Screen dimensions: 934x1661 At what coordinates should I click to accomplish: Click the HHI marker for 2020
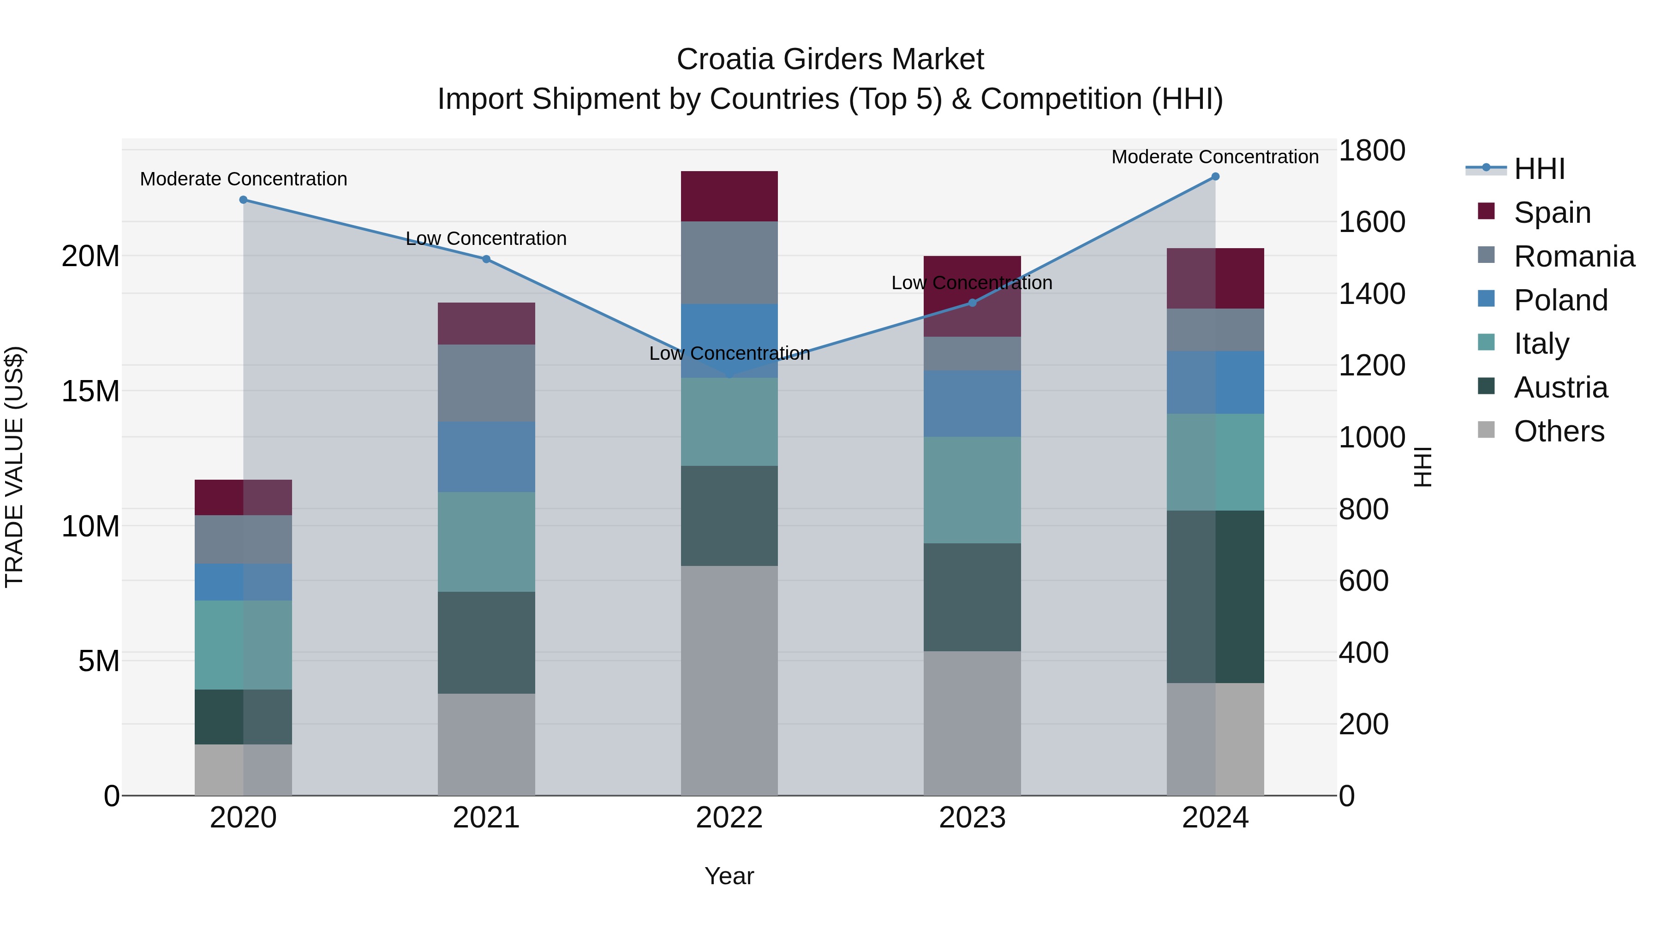click(x=243, y=200)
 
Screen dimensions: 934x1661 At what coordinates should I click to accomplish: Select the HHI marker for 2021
click(x=486, y=259)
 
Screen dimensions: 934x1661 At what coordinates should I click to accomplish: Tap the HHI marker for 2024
click(x=1215, y=177)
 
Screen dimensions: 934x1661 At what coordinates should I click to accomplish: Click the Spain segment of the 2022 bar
click(x=729, y=196)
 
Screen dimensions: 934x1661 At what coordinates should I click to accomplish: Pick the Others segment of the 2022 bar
click(x=729, y=680)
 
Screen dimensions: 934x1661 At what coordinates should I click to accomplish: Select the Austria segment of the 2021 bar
click(x=486, y=642)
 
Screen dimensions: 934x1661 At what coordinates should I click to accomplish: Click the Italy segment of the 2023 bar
click(x=972, y=490)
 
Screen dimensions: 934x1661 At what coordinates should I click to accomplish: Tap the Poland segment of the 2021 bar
click(x=486, y=457)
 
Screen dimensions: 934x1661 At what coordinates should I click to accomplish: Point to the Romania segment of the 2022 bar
click(x=729, y=262)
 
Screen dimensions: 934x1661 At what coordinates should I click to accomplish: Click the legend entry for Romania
click(x=1574, y=256)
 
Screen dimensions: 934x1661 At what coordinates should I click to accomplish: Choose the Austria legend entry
click(x=1560, y=387)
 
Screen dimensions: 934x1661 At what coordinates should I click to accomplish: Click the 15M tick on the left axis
click(x=90, y=391)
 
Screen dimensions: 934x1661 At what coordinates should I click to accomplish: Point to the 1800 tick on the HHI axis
click(x=1372, y=151)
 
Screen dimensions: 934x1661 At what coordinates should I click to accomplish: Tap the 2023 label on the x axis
click(x=972, y=818)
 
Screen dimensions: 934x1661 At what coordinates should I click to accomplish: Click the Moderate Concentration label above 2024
click(x=1215, y=157)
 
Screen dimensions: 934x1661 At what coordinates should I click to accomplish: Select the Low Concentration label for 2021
click(x=486, y=238)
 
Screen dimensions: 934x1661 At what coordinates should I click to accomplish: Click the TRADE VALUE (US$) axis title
click(x=14, y=467)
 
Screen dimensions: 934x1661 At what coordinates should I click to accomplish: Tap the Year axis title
click(x=729, y=876)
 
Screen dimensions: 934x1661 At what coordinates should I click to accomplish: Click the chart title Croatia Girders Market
click(x=830, y=59)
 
